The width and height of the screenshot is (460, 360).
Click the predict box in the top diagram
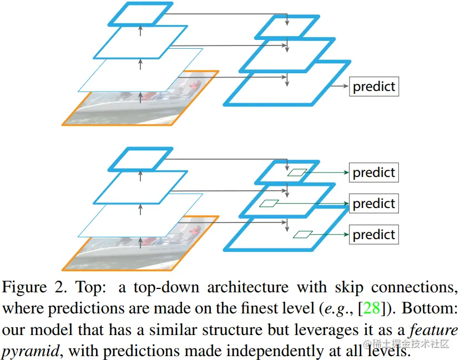point(373,87)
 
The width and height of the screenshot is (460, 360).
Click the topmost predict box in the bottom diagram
point(373,173)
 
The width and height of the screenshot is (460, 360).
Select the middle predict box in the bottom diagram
point(373,204)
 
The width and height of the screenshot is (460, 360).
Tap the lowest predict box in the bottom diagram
point(373,234)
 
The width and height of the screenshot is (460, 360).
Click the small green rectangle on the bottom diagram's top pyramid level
point(296,173)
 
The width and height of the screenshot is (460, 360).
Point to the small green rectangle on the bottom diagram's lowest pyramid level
point(303,234)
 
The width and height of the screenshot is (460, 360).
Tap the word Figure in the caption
point(25,288)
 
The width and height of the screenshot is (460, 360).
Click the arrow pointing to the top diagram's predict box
point(340,87)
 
